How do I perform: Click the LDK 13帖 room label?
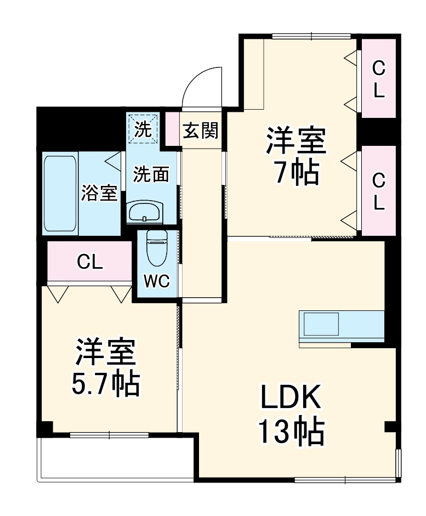[291, 415]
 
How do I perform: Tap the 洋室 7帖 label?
[296, 156]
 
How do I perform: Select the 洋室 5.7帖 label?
[106, 367]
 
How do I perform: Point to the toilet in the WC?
[157, 247]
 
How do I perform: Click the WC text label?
[157, 281]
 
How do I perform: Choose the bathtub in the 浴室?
[60, 193]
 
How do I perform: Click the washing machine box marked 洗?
[143, 129]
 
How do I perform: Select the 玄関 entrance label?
[200, 130]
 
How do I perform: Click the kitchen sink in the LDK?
[321, 324]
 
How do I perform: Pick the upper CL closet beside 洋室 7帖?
[378, 78]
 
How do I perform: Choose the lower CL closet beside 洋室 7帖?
[378, 190]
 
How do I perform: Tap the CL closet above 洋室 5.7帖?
[89, 261]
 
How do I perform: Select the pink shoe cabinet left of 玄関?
[172, 129]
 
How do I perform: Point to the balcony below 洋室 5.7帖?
[115, 460]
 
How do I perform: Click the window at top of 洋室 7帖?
[311, 36]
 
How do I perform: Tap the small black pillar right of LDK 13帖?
[390, 427]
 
